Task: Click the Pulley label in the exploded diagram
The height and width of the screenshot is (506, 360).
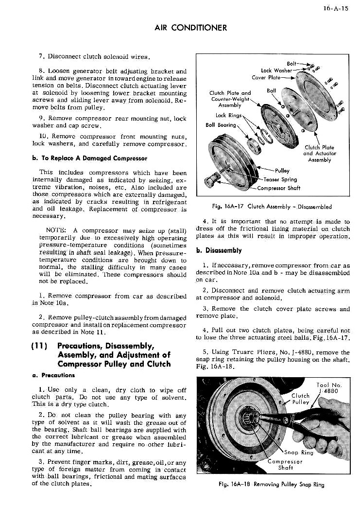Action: (x=282, y=171)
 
